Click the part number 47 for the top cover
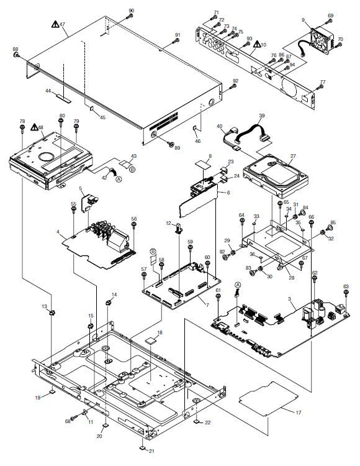click(x=62, y=24)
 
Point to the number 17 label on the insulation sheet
click(x=298, y=412)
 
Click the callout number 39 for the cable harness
click(x=262, y=116)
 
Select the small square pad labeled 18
click(x=150, y=340)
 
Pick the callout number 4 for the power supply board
click(x=58, y=232)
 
